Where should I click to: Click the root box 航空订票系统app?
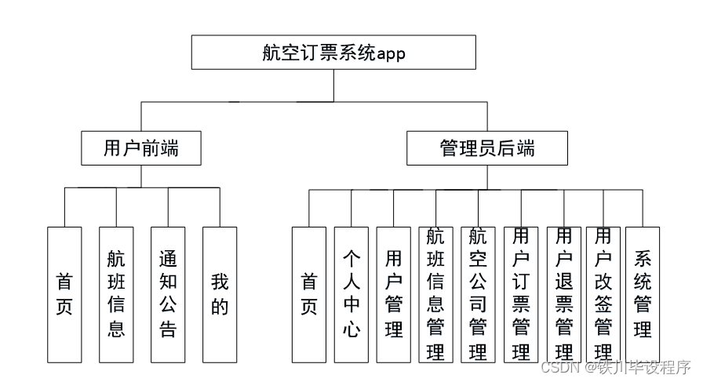coord(333,53)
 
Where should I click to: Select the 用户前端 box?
coord(141,147)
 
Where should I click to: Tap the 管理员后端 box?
coord(486,147)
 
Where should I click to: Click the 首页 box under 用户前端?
coord(64,294)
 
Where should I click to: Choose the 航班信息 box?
coord(116,294)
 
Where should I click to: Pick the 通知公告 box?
coord(168,294)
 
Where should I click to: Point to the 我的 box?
coord(220,294)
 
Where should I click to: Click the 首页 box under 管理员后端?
coord(309,294)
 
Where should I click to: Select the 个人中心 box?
coord(351,294)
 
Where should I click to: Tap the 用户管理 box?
coord(394,294)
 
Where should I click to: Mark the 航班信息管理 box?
coord(435,294)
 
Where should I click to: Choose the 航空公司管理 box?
coord(478,294)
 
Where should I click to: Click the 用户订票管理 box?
coord(521,294)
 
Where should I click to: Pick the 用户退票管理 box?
coord(563,294)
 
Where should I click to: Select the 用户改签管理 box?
coord(603,294)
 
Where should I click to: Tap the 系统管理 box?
coord(643,294)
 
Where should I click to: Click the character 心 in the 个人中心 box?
coord(351,329)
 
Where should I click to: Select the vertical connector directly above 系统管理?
coord(643,208)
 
